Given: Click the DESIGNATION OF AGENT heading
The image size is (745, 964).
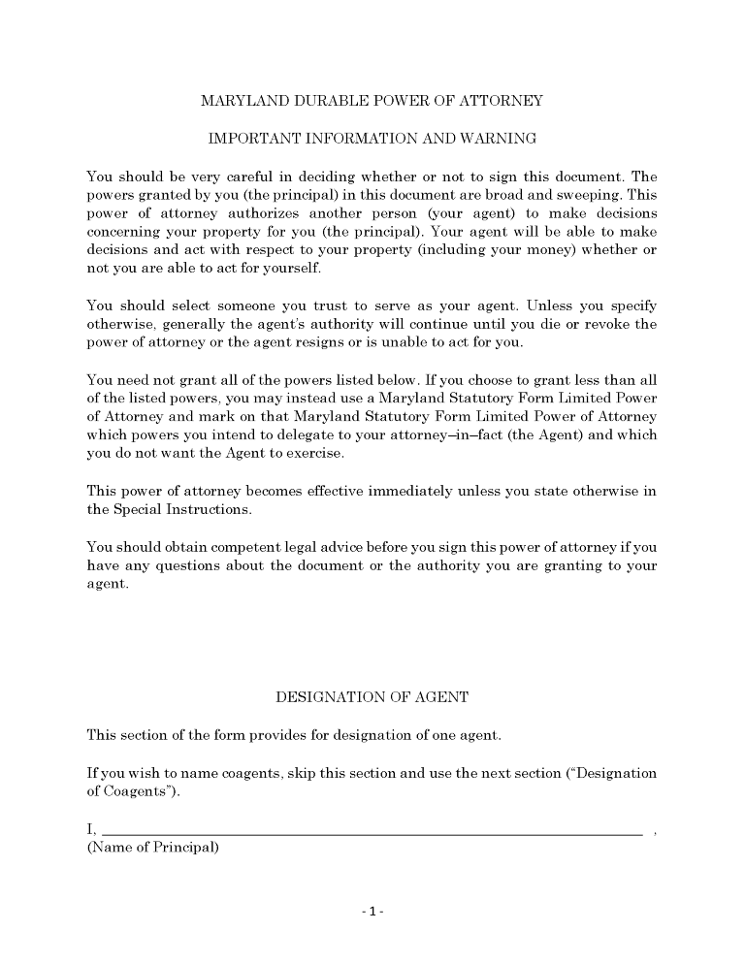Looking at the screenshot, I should click(x=372, y=697).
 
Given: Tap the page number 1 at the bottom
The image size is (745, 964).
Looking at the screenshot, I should click(x=372, y=912).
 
